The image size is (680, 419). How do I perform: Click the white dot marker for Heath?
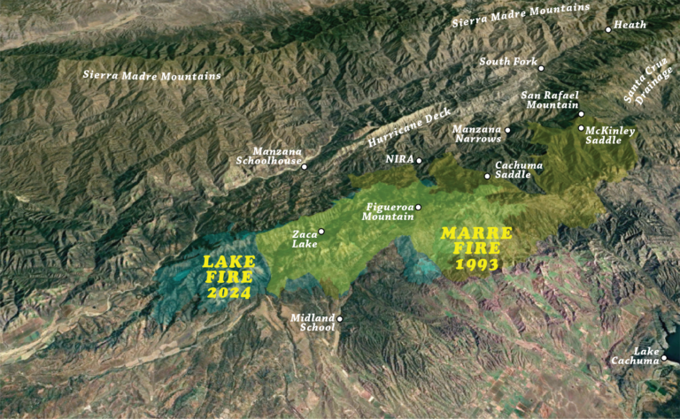608,30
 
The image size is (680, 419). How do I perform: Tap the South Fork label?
508,62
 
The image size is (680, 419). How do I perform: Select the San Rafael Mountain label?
550,100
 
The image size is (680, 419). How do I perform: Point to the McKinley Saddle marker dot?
581,128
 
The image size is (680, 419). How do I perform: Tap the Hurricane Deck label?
410,128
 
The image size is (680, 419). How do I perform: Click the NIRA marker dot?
420,160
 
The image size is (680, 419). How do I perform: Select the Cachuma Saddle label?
513,170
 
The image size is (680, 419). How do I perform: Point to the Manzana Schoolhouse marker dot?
304,166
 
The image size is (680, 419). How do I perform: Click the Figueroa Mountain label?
389,211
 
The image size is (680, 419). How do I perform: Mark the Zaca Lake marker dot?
321,232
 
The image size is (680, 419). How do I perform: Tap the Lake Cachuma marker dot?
663,358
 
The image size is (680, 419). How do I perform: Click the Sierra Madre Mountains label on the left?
152,75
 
